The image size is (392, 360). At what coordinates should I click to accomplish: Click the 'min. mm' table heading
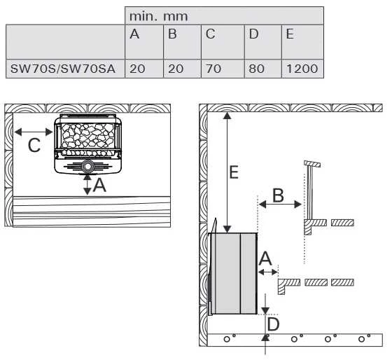[158, 17]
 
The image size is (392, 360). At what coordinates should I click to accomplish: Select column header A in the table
[134, 34]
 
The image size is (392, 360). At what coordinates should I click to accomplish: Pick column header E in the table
[290, 34]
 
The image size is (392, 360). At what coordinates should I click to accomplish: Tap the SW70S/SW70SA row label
[63, 69]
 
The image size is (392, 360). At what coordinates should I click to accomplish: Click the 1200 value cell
[302, 69]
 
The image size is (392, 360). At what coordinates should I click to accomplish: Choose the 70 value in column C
[213, 69]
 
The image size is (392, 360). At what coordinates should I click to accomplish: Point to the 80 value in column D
[256, 69]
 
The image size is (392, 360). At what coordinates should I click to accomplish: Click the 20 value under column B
[176, 69]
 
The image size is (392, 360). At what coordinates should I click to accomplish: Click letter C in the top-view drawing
[34, 146]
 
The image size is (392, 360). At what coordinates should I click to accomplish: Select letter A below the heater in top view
[99, 186]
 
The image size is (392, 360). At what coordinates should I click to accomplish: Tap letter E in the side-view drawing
[234, 172]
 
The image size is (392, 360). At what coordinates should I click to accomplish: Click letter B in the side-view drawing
[279, 195]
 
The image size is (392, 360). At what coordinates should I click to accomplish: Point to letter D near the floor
[273, 324]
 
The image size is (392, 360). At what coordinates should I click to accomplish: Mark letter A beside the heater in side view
[265, 258]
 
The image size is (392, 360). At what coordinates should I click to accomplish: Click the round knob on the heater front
[87, 167]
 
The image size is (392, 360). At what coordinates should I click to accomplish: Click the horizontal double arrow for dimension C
[34, 132]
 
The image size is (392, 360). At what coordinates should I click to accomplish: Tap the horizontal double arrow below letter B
[280, 205]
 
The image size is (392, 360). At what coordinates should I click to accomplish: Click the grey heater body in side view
[234, 273]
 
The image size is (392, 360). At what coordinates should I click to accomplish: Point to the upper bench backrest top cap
[312, 164]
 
